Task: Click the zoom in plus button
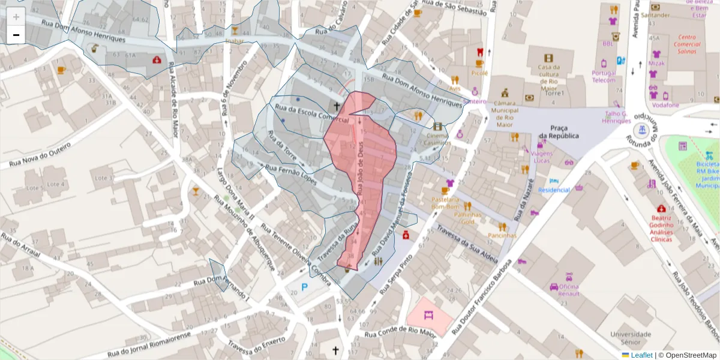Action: point(16,17)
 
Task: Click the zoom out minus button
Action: point(16,35)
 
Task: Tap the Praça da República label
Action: point(559,131)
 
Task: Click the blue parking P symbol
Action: point(304,287)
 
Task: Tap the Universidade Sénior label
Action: point(631,338)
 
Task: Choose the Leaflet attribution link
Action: point(641,355)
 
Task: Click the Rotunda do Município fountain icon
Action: point(643,129)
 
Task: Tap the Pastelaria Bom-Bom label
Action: point(445,203)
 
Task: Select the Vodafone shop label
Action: point(665,105)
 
